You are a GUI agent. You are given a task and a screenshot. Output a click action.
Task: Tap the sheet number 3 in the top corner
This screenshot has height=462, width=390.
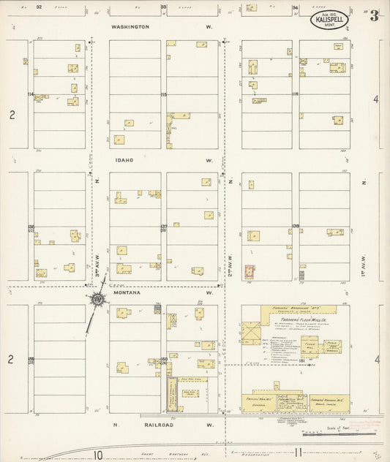point(374,17)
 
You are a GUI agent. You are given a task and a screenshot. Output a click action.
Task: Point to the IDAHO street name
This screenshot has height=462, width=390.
point(123,159)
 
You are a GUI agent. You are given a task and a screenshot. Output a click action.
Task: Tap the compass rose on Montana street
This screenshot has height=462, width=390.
point(97,299)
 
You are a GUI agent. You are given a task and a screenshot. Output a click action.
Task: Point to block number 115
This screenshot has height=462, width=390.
point(164,94)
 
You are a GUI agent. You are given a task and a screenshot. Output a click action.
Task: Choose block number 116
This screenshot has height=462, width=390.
point(296,94)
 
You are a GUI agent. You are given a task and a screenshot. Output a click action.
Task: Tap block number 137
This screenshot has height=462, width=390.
point(164,227)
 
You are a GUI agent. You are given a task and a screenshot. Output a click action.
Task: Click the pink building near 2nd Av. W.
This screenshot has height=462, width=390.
point(249,272)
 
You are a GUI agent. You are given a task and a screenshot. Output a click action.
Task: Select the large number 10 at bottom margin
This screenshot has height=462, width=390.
point(98,454)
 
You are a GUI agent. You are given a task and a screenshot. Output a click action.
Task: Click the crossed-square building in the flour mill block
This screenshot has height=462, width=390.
point(252,333)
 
